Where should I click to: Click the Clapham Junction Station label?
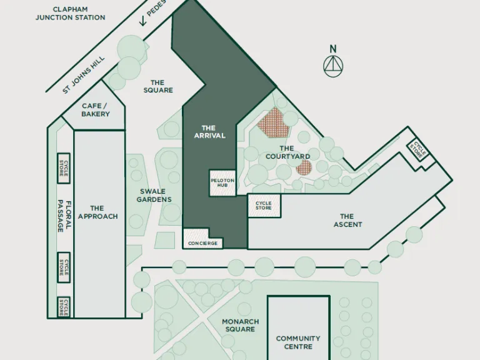point(70,13)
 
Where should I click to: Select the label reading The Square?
point(157,86)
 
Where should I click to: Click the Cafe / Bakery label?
point(95,110)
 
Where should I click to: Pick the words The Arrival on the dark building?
point(209,132)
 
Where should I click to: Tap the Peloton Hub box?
point(222,183)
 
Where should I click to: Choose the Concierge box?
point(203,242)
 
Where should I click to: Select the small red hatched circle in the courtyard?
point(304,167)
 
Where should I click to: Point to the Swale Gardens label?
point(155,195)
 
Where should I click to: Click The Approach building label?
point(97,212)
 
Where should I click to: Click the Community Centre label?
point(298,342)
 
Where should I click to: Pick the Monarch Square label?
point(240,326)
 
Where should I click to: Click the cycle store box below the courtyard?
point(264,205)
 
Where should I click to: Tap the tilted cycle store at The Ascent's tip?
point(418,149)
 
